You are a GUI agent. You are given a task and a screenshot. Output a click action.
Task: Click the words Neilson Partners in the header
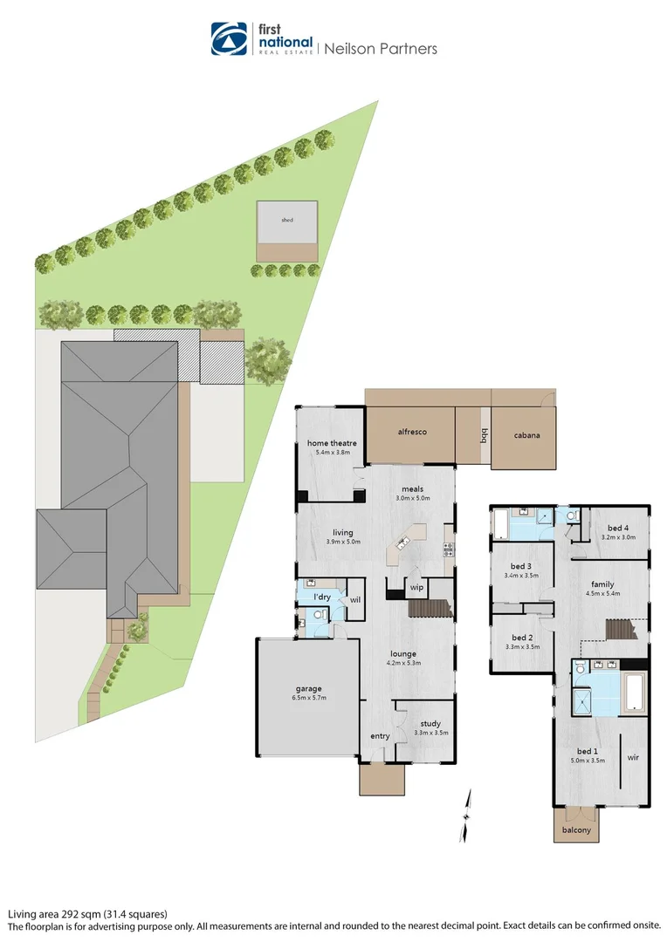point(381,49)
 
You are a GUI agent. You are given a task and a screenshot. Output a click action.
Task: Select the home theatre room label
point(332,443)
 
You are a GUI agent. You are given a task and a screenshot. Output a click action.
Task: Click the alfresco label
point(411,432)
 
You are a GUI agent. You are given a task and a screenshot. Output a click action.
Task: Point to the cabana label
point(526,434)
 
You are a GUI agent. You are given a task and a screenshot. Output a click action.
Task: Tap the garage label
point(307,689)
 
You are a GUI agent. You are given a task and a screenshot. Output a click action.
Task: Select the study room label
point(430,723)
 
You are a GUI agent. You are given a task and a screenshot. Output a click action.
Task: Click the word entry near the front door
point(380,736)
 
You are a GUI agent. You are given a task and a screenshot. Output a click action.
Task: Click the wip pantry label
point(416,588)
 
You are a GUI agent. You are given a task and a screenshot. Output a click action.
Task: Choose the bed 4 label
point(618,528)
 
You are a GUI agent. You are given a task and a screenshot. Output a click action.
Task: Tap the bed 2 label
point(522,637)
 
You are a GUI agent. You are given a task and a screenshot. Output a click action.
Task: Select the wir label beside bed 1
point(634,758)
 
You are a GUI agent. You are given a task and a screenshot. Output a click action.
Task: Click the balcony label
point(576,829)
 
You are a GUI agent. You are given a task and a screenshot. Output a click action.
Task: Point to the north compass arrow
point(468,803)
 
